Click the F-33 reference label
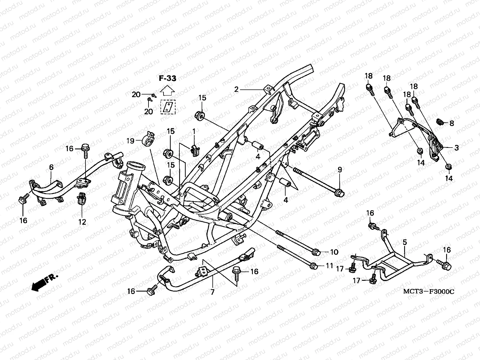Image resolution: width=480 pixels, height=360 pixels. tap(167, 79)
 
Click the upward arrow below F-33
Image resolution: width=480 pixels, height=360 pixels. tap(168, 90)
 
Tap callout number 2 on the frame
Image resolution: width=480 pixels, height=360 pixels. tap(236, 89)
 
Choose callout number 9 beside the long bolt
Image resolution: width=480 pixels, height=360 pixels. tap(340, 170)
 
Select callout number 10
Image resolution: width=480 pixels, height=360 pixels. tap(334, 252)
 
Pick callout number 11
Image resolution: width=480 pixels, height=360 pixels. tap(329, 266)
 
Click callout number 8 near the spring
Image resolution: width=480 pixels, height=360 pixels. tap(451, 123)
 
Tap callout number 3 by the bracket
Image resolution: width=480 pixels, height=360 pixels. tap(456, 148)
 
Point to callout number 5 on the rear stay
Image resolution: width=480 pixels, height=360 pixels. tap(405, 242)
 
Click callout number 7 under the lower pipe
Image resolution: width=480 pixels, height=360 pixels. tap(212, 292)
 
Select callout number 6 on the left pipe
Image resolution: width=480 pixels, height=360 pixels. tap(51, 167)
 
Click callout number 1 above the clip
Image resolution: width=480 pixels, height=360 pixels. tap(194, 131)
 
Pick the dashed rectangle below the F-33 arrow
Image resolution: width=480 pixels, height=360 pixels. tap(168, 107)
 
